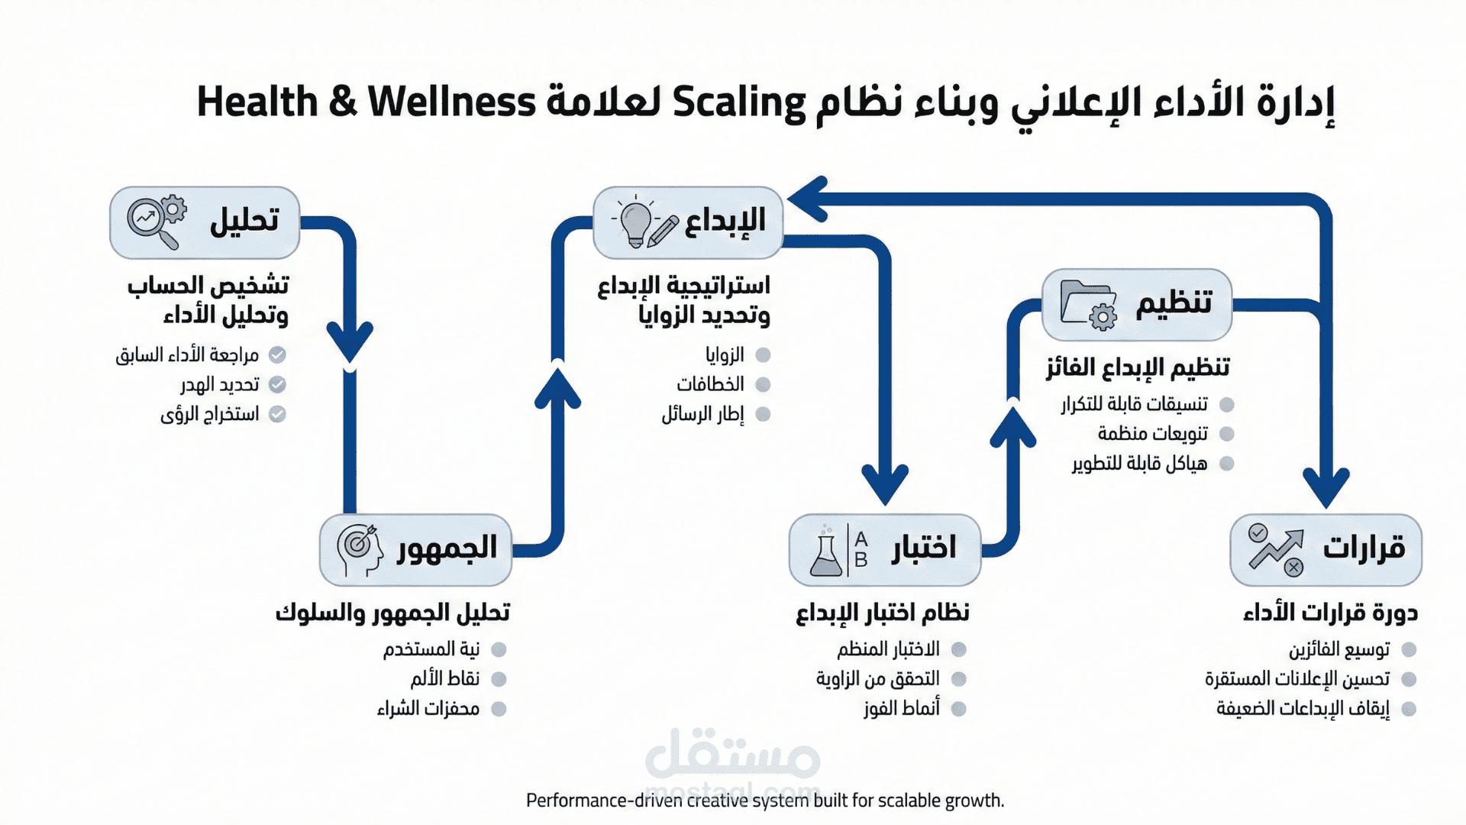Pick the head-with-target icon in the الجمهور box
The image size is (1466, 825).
(x=359, y=548)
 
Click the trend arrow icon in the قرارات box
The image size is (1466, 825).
(x=1276, y=550)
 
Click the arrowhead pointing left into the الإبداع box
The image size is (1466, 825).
(x=808, y=199)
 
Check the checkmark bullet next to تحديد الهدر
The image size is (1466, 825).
(x=278, y=384)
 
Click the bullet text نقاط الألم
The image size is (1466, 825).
(x=444, y=678)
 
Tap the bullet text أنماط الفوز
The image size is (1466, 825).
(x=902, y=708)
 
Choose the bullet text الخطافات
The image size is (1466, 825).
(x=710, y=384)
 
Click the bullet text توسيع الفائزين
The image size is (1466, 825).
(x=1339, y=649)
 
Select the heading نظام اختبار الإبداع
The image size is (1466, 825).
(x=883, y=613)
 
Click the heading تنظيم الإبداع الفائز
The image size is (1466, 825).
(x=1138, y=367)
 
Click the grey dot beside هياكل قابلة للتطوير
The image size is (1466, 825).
(x=1227, y=464)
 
